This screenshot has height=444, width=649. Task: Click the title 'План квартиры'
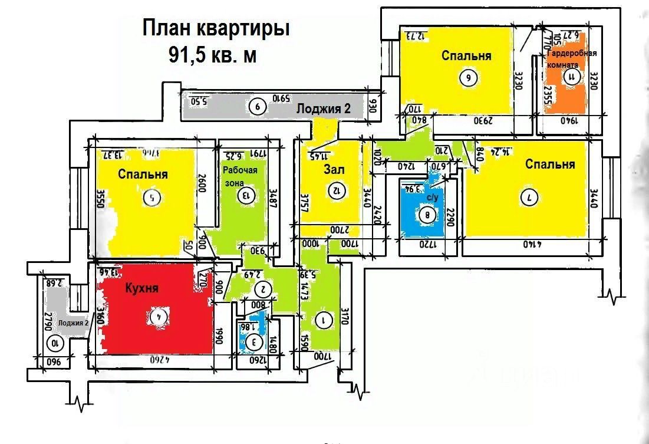pyautogui.click(x=216, y=29)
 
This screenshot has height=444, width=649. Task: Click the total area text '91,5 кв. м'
pyautogui.click(x=213, y=55)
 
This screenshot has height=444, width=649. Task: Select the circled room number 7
pyautogui.click(x=529, y=199)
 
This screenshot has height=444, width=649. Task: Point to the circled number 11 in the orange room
pyautogui.click(x=570, y=76)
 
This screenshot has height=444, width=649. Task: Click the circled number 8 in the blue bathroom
pyautogui.click(x=427, y=216)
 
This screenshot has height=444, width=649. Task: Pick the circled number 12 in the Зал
pyautogui.click(x=337, y=190)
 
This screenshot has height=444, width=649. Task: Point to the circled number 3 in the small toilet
pyautogui.click(x=254, y=341)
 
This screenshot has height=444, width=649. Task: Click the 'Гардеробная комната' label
pyautogui.click(x=571, y=59)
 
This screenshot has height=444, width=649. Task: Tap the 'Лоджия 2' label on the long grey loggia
pyautogui.click(x=323, y=108)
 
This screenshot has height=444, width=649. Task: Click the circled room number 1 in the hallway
pyautogui.click(x=322, y=320)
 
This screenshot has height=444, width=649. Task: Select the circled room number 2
pyautogui.click(x=263, y=289)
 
